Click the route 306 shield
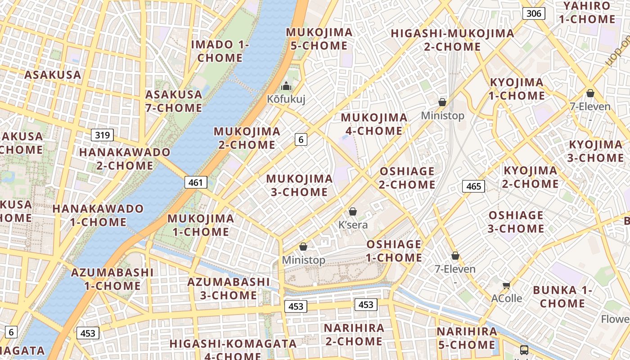pos(533,13)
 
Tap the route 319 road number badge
pos(102,135)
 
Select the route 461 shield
pos(196,182)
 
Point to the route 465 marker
pos(473,186)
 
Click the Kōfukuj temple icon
pos(286,85)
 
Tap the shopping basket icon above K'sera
pos(353,211)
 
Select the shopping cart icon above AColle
pos(506,285)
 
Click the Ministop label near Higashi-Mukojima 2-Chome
pos(442,116)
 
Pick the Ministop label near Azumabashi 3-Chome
pos(303,260)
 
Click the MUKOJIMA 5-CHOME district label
pos(319,39)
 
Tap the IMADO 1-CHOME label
pos(220,51)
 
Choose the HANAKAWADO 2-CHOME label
pos(125,159)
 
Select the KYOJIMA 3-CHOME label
pos(595,151)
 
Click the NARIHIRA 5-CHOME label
pos(467,338)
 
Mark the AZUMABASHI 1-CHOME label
pos(112,279)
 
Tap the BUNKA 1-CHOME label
pos(562,297)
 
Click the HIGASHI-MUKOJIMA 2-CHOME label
pos(452,40)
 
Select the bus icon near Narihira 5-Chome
pos(524,350)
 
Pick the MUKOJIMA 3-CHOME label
pos(299,185)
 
